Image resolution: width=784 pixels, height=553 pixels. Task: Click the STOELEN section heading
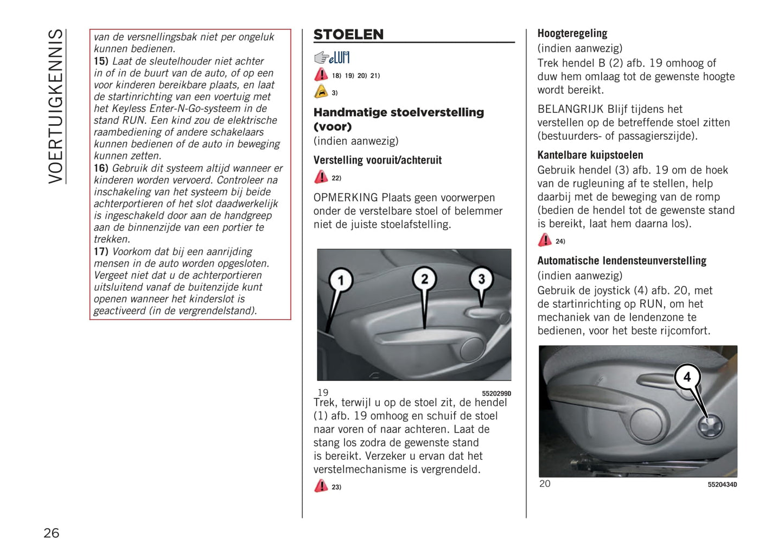(348, 35)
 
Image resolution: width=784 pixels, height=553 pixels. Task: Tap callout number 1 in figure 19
(341, 280)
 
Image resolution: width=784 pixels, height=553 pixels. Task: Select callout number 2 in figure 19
(424, 279)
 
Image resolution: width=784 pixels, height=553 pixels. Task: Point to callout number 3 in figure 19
(481, 279)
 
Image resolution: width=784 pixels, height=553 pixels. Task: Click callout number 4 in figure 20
(687, 377)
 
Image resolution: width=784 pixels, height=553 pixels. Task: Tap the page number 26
(52, 533)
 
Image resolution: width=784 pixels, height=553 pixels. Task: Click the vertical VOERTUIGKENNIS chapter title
(56, 106)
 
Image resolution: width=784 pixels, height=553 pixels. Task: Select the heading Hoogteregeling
(572, 34)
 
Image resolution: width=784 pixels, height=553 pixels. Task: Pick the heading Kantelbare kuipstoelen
(590, 155)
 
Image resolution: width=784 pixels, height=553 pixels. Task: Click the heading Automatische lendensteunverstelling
(621, 261)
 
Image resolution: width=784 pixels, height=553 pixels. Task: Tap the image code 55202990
(496, 394)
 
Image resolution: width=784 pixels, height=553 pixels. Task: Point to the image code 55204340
(722, 485)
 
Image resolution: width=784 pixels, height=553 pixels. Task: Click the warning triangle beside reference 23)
(321, 486)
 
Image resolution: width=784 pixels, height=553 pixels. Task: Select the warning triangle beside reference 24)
(545, 240)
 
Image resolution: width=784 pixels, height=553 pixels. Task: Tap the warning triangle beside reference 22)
(321, 177)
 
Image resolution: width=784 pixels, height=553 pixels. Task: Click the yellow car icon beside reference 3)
(321, 92)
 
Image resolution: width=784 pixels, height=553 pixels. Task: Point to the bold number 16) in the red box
(101, 168)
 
